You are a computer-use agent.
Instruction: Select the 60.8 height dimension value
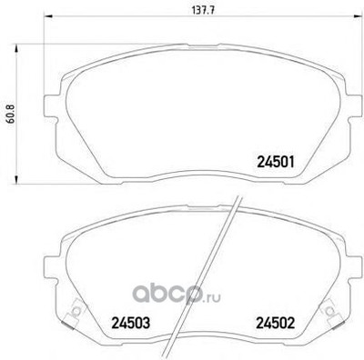click(x=11, y=114)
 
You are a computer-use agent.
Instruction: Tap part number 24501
click(x=276, y=162)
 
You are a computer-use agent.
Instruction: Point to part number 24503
click(x=131, y=323)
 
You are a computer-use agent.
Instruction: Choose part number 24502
click(x=276, y=323)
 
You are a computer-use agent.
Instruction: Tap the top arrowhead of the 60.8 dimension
click(x=16, y=48)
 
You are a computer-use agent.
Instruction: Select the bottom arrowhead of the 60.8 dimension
click(x=16, y=179)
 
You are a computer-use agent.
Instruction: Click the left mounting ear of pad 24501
click(x=51, y=106)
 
